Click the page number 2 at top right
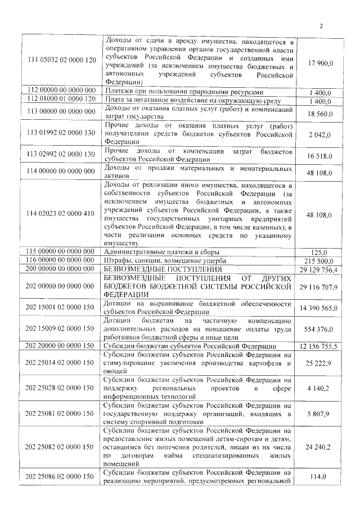(322, 25)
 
